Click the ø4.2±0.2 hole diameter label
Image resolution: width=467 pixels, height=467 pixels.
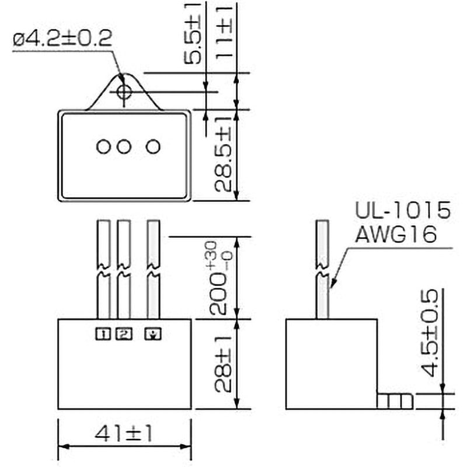point(62,40)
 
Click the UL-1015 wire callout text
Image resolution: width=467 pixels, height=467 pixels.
point(403,211)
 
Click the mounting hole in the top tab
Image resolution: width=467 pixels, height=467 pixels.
point(123,92)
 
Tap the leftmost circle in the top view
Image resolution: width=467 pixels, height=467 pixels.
point(104,146)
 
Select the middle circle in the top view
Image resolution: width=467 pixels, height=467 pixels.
point(123,146)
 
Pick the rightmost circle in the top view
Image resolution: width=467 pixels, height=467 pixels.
point(153,146)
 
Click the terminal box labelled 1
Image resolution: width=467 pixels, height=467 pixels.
point(103,334)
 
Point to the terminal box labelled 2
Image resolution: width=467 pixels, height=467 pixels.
point(124,334)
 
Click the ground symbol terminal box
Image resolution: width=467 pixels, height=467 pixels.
point(153,334)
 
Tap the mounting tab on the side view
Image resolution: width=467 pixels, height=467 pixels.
point(395,401)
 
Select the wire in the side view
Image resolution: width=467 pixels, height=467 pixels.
point(323,269)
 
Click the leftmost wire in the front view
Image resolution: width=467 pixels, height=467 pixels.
point(104,269)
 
